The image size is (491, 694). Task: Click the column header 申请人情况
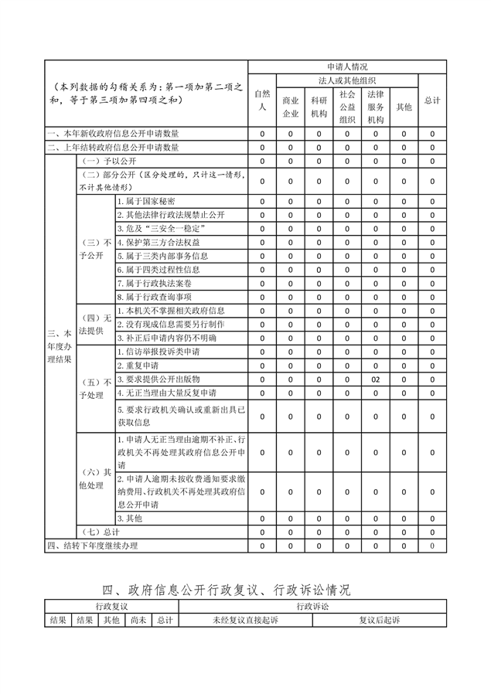point(347,67)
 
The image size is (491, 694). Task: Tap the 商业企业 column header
point(290,107)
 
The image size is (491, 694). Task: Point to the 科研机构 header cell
point(319,107)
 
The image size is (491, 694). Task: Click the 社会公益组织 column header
point(347,107)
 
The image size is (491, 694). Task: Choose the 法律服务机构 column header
point(376,107)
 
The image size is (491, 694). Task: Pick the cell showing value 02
point(376,379)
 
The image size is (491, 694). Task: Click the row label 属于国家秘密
point(147,201)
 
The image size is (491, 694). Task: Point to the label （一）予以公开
point(107,161)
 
